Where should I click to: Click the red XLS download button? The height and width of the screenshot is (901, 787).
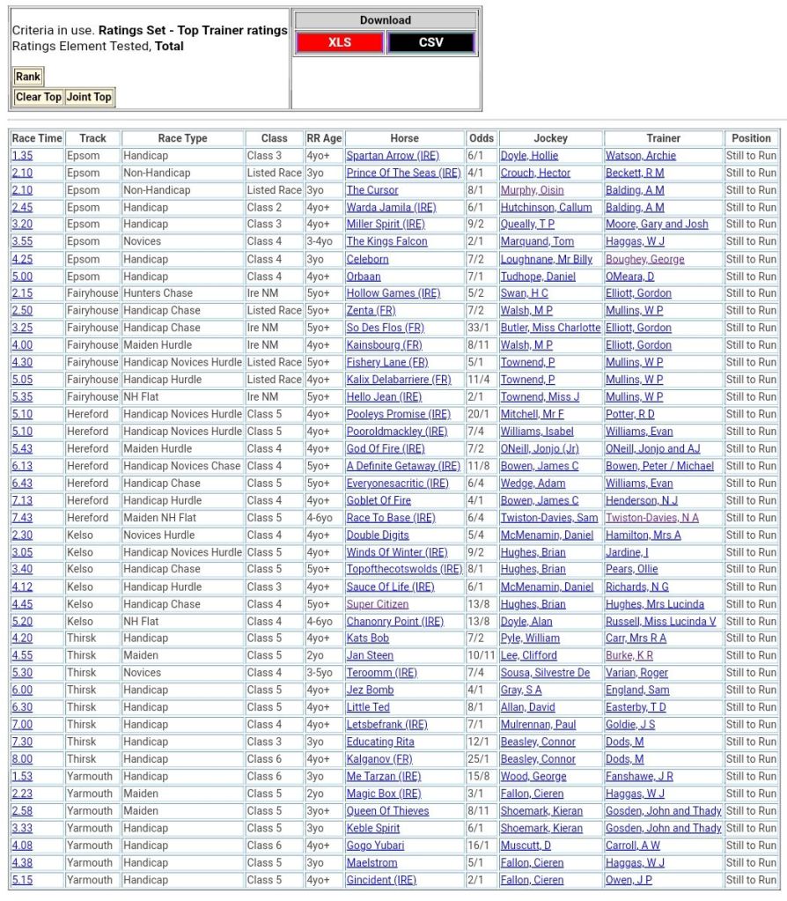pos(340,42)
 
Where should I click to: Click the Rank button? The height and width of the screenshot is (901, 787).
pos(28,77)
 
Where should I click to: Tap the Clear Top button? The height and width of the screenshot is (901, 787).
pos(39,97)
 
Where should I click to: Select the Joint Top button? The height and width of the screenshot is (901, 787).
pos(89,97)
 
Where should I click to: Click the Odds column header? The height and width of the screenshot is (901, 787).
pos(482,138)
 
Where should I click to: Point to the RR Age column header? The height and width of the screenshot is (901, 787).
pos(324,138)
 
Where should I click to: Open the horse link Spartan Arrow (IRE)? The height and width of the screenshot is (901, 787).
pos(393,156)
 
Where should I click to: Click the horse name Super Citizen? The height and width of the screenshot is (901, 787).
pos(378,604)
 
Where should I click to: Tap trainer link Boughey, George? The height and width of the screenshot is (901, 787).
pos(644,259)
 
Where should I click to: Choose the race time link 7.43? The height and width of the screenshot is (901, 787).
pos(22,518)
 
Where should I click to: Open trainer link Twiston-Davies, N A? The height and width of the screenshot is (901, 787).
pos(652,518)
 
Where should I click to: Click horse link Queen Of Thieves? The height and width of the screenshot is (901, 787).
pos(387,811)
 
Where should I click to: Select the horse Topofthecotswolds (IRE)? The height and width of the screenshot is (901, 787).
pos(404,570)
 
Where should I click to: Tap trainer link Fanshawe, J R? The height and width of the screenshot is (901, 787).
pos(639,777)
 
